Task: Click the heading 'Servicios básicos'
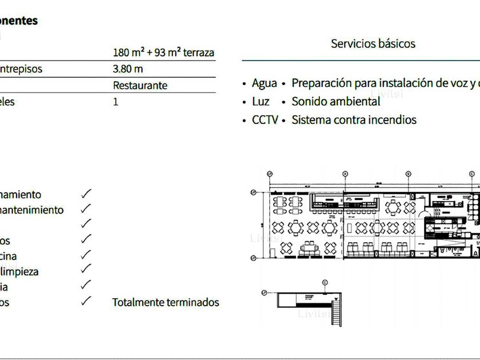373,43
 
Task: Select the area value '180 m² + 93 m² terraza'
163,53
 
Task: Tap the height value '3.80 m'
128,69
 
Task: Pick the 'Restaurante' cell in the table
140,86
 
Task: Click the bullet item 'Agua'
264,83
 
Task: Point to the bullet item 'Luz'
261,102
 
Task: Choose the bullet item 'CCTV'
265,120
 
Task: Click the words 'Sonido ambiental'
335,102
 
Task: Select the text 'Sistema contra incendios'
354,120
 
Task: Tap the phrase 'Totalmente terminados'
166,302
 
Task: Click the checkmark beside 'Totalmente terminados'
86,301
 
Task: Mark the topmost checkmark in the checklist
86,194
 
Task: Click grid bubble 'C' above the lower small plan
325,282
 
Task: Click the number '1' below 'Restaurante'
116,102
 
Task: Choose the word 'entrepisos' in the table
21,69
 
